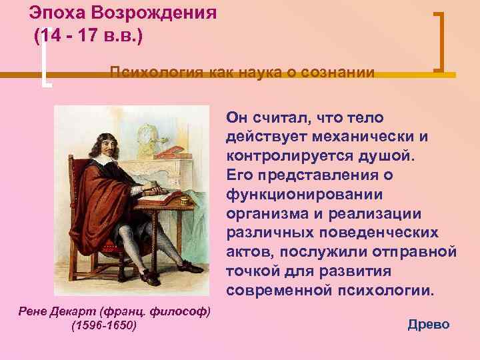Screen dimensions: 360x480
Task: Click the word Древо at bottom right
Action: pos(428,325)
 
